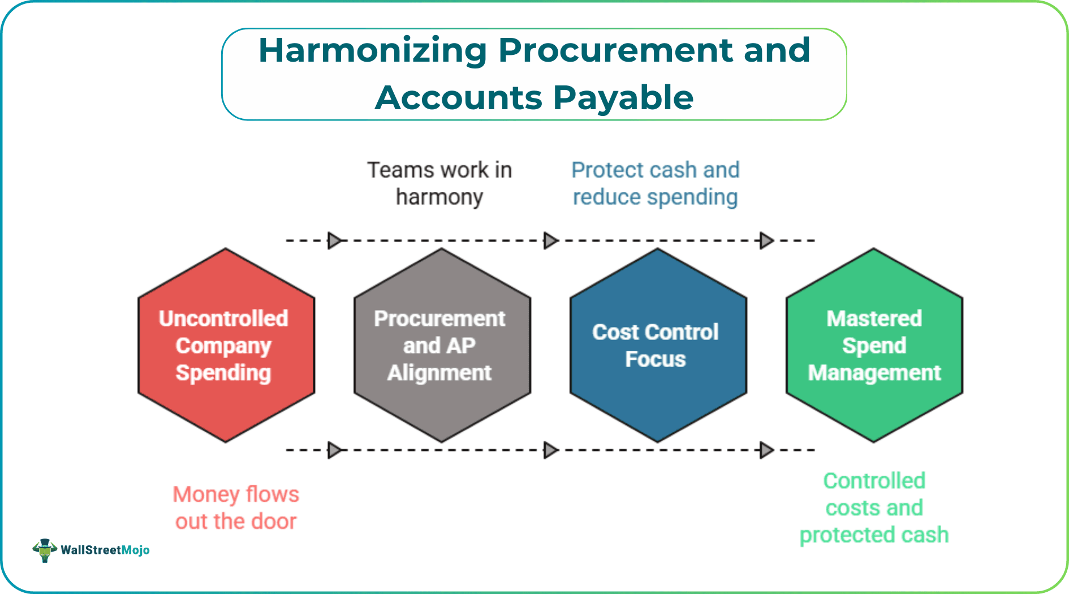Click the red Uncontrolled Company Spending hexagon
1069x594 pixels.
pyautogui.click(x=226, y=345)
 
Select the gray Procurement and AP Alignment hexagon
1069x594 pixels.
pyautogui.click(x=442, y=345)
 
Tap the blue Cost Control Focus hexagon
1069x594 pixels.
pyautogui.click(x=658, y=345)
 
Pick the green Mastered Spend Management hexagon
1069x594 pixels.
pyautogui.click(x=874, y=345)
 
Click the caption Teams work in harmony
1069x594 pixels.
pyautogui.click(x=439, y=183)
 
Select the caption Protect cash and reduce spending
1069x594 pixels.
pyautogui.click(x=655, y=183)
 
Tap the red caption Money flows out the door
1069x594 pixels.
pyautogui.click(x=236, y=507)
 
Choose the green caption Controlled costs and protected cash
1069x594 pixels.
pyautogui.click(x=874, y=507)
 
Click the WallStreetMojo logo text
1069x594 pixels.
pyautogui.click(x=105, y=550)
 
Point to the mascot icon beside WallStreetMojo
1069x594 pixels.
pyautogui.click(x=45, y=550)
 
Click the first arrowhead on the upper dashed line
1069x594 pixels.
pyautogui.click(x=335, y=240)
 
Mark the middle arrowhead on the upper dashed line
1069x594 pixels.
pyautogui.click(x=550, y=240)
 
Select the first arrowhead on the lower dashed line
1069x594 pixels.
pyautogui.click(x=335, y=450)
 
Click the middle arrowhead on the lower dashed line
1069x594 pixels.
pyautogui.click(x=550, y=450)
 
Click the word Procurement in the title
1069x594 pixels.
pyautogui.click(x=615, y=51)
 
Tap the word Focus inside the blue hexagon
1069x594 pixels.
pyautogui.click(x=655, y=360)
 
